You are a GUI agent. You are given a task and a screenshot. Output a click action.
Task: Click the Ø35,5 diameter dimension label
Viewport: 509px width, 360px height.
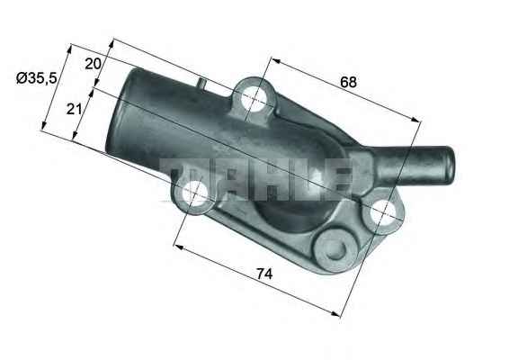37,78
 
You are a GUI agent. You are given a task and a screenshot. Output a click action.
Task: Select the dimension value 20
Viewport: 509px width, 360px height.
93,63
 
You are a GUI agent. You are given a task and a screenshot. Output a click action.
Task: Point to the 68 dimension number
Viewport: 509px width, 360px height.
348,82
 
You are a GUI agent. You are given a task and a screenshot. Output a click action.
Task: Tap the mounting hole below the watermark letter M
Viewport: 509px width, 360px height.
194,193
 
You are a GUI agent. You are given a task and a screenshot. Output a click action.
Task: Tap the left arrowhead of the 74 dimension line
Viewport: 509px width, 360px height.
176,244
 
